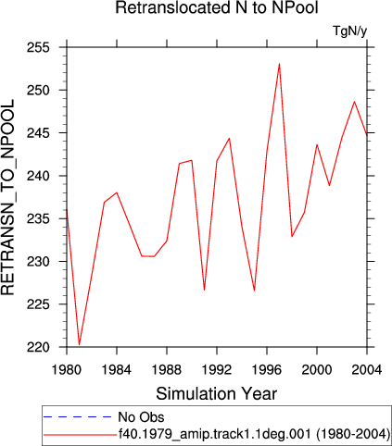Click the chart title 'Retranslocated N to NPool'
pyautogui.click(x=217, y=7)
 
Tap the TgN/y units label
pyautogui.click(x=350, y=31)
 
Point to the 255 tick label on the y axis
pyautogui.click(x=38, y=48)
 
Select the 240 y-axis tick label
pyautogui.click(x=38, y=176)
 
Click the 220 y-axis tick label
pyautogui.click(x=38, y=347)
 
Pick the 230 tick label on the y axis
pyautogui.click(x=38, y=262)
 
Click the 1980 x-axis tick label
pyautogui.click(x=67, y=369)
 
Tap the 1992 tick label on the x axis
pyautogui.click(x=217, y=369)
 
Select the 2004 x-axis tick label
pyautogui.click(x=367, y=369)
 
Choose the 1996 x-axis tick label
pyautogui.click(x=267, y=369)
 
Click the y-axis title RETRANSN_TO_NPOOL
pyautogui.click(x=7, y=197)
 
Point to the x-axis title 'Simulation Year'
pyautogui.click(x=217, y=393)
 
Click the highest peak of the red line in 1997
pyautogui.click(x=279, y=64)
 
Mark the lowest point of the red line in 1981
pyautogui.click(x=79, y=344)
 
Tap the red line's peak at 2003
pyautogui.click(x=354, y=102)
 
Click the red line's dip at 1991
pyautogui.click(x=204, y=290)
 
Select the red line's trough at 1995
pyautogui.click(x=254, y=291)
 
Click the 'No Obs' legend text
pyautogui.click(x=141, y=417)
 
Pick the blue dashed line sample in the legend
pyautogui.click(x=78, y=417)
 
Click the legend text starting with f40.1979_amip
pyautogui.click(x=255, y=434)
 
